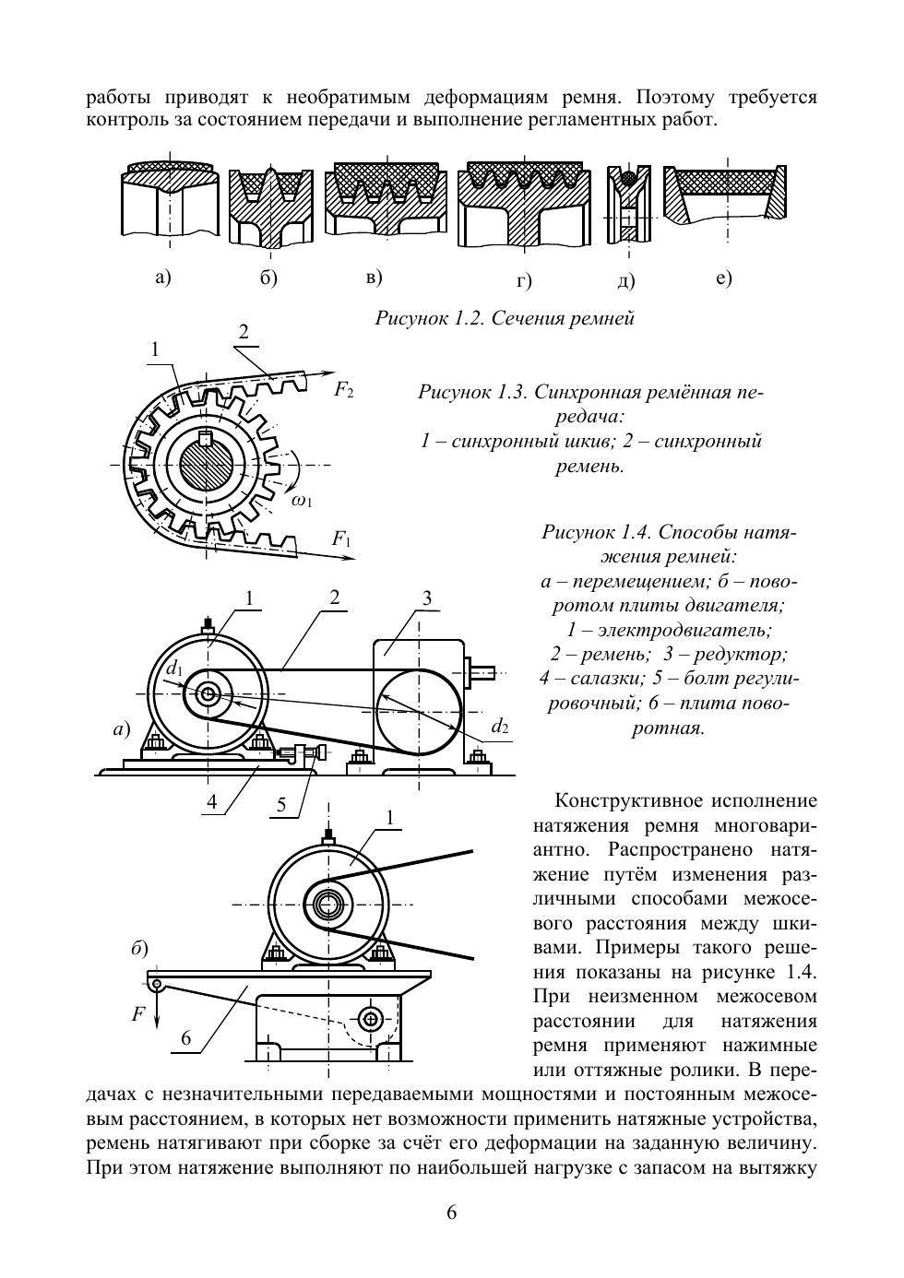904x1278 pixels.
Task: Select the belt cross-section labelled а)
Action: pos(170,203)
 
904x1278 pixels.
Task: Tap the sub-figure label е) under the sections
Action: pos(724,278)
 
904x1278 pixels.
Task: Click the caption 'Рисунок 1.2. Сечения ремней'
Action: pos(505,319)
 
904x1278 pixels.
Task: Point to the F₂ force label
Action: pos(343,390)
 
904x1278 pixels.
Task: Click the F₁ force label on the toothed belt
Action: pos(341,538)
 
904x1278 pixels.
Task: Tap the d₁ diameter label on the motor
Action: pos(174,669)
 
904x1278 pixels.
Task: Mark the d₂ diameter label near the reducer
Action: pos(499,726)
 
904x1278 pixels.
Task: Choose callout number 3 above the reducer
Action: pos(426,598)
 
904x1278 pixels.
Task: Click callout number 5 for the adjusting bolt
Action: pos(281,804)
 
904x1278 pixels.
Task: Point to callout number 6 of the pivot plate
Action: pos(185,1038)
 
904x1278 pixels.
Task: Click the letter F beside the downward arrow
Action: pos(137,1014)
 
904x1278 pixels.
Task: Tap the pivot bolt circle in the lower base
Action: pos(371,1019)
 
